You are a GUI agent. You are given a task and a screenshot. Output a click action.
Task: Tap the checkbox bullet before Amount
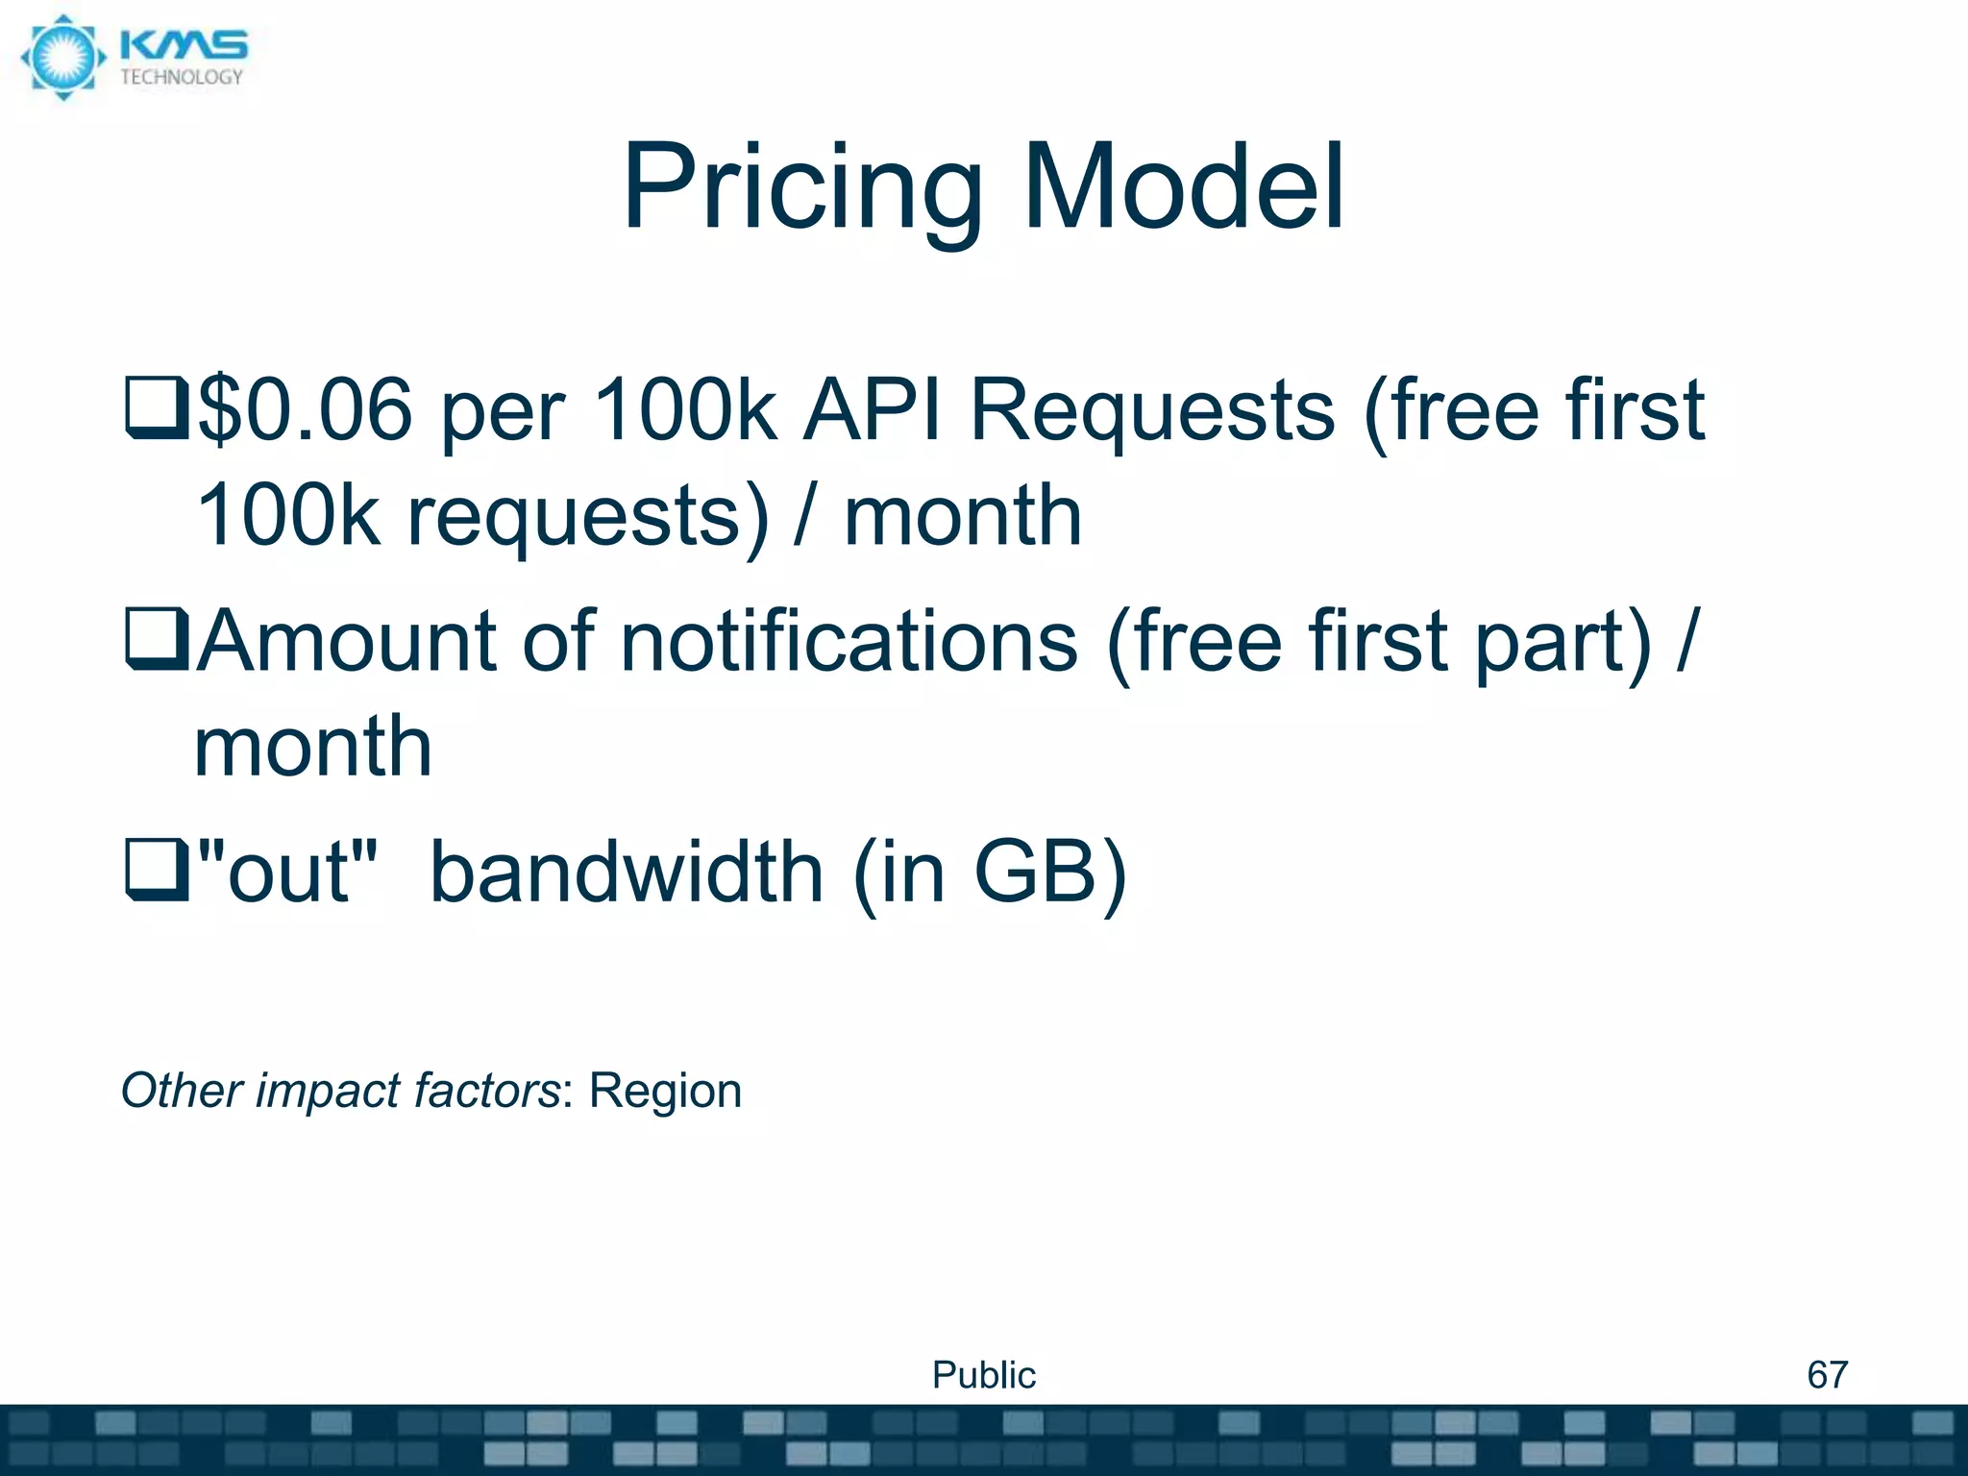point(157,640)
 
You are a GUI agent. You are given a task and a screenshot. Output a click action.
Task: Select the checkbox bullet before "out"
point(157,871)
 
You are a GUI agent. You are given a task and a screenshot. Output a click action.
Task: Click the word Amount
point(350,641)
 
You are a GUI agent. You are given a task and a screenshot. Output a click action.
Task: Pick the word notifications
point(849,641)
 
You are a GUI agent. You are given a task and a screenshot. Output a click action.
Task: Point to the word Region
point(665,1091)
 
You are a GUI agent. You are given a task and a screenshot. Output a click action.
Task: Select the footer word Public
point(984,1375)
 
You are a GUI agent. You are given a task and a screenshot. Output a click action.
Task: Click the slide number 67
point(1827,1375)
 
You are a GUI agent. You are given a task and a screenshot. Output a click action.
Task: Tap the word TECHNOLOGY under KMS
point(182,78)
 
